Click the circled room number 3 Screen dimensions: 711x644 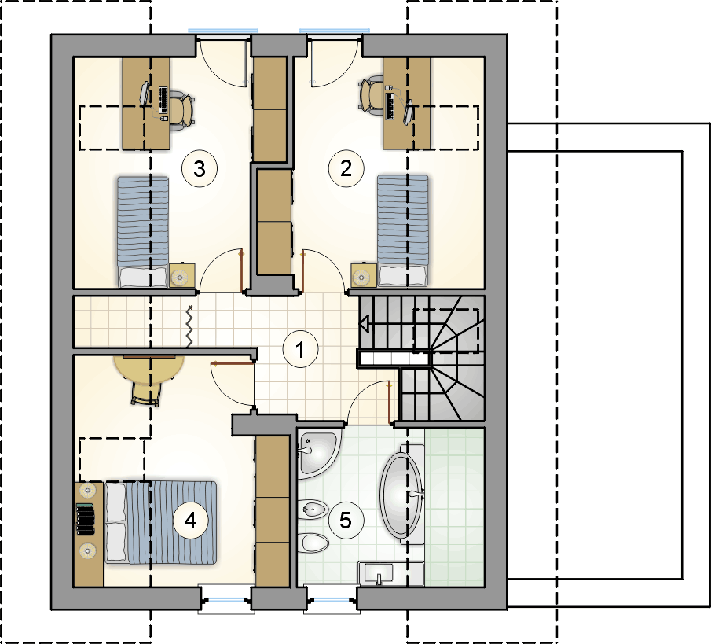tap(199, 168)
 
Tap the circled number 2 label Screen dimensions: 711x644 tap(346, 168)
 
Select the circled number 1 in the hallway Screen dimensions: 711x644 tap(300, 349)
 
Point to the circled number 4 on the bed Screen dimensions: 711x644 tap(190, 521)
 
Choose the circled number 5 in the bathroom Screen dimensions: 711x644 tap(346, 520)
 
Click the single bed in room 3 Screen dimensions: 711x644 tap(143, 231)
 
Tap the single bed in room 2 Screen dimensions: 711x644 tap(403, 230)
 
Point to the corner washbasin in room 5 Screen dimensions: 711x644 tap(317, 451)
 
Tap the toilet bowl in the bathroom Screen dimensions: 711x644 tap(315, 543)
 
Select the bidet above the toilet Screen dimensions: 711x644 tap(314, 510)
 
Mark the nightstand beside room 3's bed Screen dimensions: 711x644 tap(182, 275)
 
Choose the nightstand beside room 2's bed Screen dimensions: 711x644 tap(364, 275)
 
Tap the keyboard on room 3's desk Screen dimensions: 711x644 tap(163, 101)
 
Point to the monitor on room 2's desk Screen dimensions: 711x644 tap(409, 112)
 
